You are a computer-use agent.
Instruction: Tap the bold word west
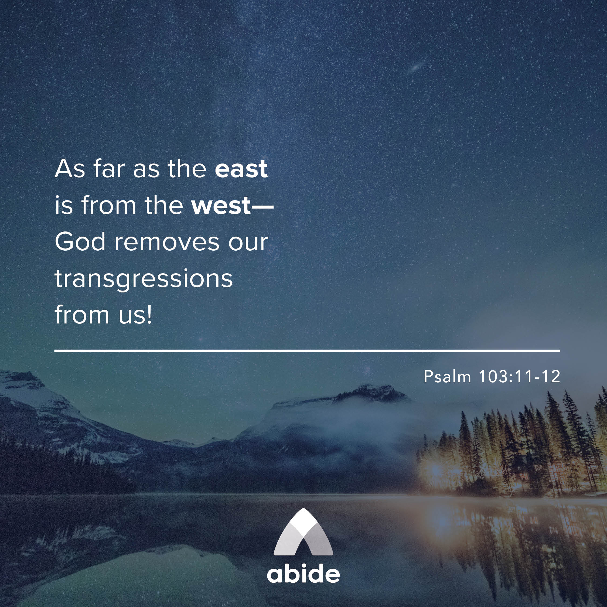pos(221,206)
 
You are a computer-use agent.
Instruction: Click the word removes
pos(167,242)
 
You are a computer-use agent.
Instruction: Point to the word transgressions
pos(144,279)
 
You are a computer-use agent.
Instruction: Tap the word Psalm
pos(447,376)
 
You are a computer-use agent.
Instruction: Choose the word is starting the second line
pos(64,206)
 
